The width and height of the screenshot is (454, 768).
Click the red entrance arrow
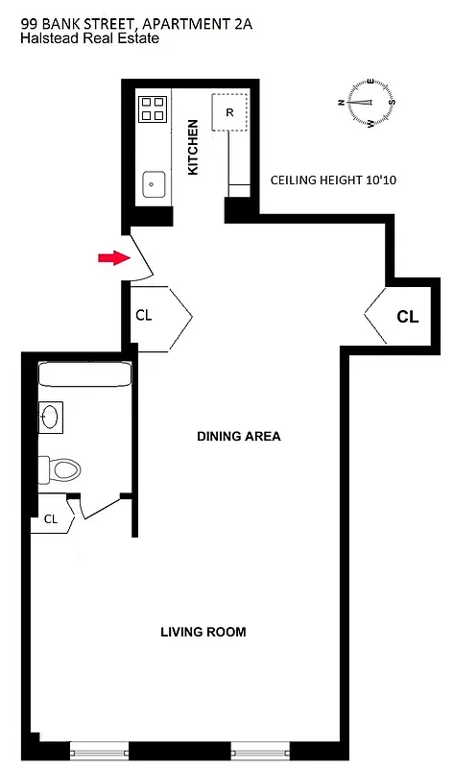[x=112, y=257]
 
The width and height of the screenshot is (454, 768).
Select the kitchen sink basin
[x=152, y=182]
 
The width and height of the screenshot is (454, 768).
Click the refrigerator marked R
[x=230, y=111]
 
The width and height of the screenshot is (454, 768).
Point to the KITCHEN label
[x=193, y=147]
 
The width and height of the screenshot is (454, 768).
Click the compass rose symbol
[x=369, y=103]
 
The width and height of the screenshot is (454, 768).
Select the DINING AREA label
[x=239, y=436]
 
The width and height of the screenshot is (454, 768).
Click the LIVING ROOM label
[x=203, y=632]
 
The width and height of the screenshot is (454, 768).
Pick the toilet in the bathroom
[x=60, y=469]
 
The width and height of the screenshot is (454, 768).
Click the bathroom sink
[x=50, y=417]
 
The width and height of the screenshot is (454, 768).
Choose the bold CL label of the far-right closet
[x=407, y=315]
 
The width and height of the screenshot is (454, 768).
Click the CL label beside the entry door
[x=144, y=314]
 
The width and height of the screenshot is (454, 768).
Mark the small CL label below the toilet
[x=50, y=519]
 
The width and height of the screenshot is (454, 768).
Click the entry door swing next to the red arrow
[x=139, y=254]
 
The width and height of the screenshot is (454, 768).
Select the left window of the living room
[x=99, y=747]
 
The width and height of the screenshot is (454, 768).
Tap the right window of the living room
[x=260, y=747]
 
